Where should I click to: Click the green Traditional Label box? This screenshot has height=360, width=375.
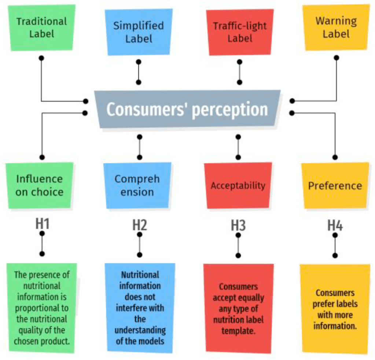click(x=41, y=27)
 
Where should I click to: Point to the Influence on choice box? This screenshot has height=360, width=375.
click(x=39, y=185)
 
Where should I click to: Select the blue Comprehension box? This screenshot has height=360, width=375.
click(x=137, y=185)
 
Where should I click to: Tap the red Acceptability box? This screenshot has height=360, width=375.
click(x=238, y=185)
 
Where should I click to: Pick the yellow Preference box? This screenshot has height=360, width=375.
click(x=335, y=185)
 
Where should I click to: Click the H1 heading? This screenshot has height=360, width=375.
click(x=42, y=224)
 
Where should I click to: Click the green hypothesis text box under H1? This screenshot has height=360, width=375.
click(x=42, y=308)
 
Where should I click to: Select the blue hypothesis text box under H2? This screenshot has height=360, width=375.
click(x=140, y=308)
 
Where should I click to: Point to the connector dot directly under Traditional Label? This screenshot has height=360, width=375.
click(x=41, y=58)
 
